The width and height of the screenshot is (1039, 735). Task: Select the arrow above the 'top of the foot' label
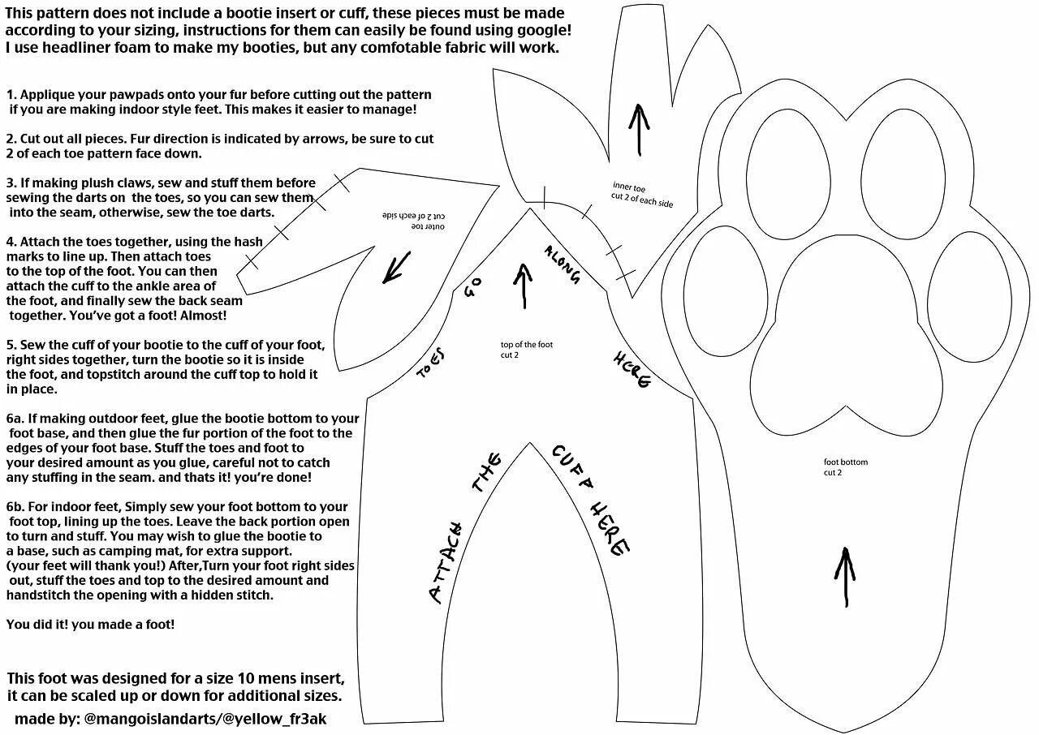[x=524, y=286]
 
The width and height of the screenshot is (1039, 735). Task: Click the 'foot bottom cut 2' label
[x=845, y=467]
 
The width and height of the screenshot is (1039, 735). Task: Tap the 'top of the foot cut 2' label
[x=526, y=350]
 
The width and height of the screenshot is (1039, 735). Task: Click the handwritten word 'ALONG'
[x=563, y=264]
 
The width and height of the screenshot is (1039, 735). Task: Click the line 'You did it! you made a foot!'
[x=90, y=625]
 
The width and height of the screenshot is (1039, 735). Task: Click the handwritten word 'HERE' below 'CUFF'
[x=610, y=527]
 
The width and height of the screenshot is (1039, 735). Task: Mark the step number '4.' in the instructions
[x=11, y=242]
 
